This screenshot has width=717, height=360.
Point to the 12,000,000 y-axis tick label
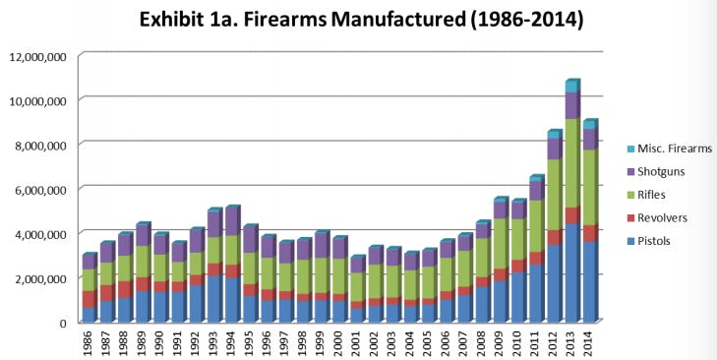[37, 56]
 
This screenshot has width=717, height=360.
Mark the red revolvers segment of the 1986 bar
[88, 299]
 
